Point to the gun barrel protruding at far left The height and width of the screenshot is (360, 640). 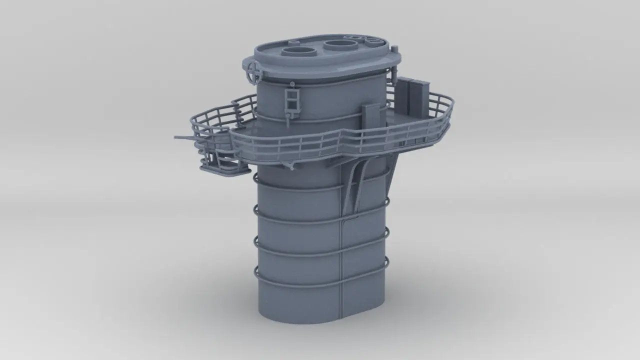click(183, 136)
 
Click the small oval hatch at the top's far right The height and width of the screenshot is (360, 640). click(370, 38)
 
